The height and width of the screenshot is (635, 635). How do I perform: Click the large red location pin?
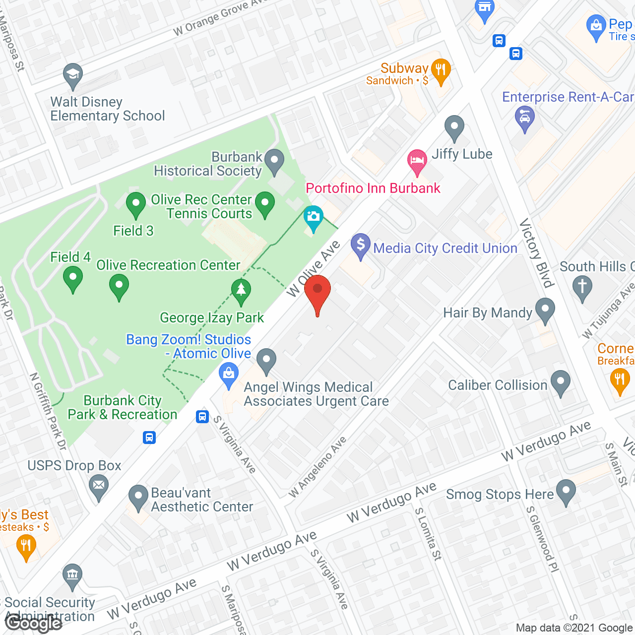tap(317, 293)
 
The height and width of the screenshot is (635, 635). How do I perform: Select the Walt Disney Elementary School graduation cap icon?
tap(73, 76)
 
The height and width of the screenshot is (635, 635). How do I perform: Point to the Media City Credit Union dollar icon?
tap(361, 246)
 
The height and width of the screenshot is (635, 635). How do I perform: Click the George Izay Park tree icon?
tap(241, 291)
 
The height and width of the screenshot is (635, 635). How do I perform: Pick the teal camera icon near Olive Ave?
tap(313, 218)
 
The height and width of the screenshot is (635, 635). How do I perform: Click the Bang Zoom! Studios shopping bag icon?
tap(229, 375)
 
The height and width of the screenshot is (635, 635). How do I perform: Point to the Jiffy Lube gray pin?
tap(454, 127)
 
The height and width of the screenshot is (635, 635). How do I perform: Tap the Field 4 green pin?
tap(73, 278)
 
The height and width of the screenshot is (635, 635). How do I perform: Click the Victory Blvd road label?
tap(536, 253)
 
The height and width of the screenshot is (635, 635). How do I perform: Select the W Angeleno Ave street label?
tap(317, 467)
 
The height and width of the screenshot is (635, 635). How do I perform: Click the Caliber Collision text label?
tap(497, 385)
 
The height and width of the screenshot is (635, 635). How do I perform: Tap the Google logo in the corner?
tap(33, 623)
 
